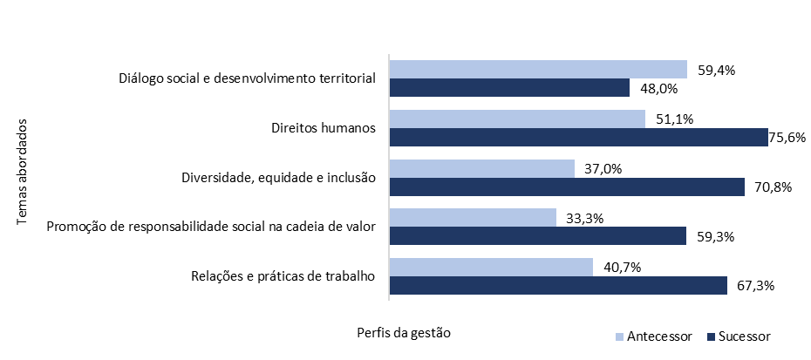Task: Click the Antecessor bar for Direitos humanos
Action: coord(517,119)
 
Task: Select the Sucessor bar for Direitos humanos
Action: coord(579,138)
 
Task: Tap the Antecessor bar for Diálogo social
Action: coord(538,70)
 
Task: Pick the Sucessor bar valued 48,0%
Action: coord(509,88)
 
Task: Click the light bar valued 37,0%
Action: coord(482,168)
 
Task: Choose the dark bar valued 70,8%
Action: coord(567,187)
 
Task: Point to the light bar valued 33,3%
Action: coord(473,218)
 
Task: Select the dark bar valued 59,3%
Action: coord(538,236)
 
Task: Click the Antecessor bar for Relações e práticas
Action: coord(491,268)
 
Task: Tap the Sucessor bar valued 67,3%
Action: coord(558,286)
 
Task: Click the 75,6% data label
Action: coord(787,138)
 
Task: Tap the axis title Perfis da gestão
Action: coord(405,333)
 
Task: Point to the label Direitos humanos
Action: coord(323,129)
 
